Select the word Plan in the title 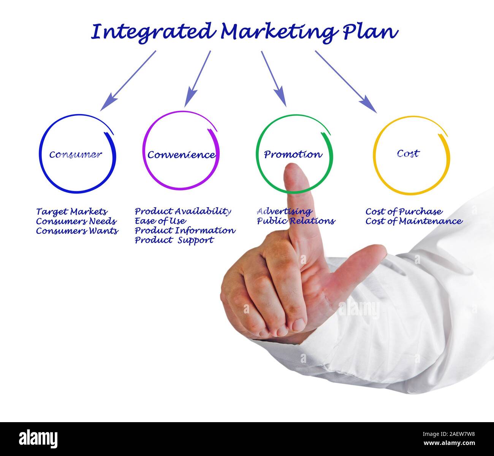point(370,32)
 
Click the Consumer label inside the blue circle point(76,154)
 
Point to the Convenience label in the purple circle point(181,155)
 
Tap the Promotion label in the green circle point(293,154)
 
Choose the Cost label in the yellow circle point(408,153)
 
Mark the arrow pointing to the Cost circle point(346,82)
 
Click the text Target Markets point(72,211)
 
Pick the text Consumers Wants point(77,231)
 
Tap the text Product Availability point(183,211)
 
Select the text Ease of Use point(160,221)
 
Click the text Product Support point(174,240)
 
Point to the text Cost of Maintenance point(414,221)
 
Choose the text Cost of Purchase point(404,211)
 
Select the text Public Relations point(296,221)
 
